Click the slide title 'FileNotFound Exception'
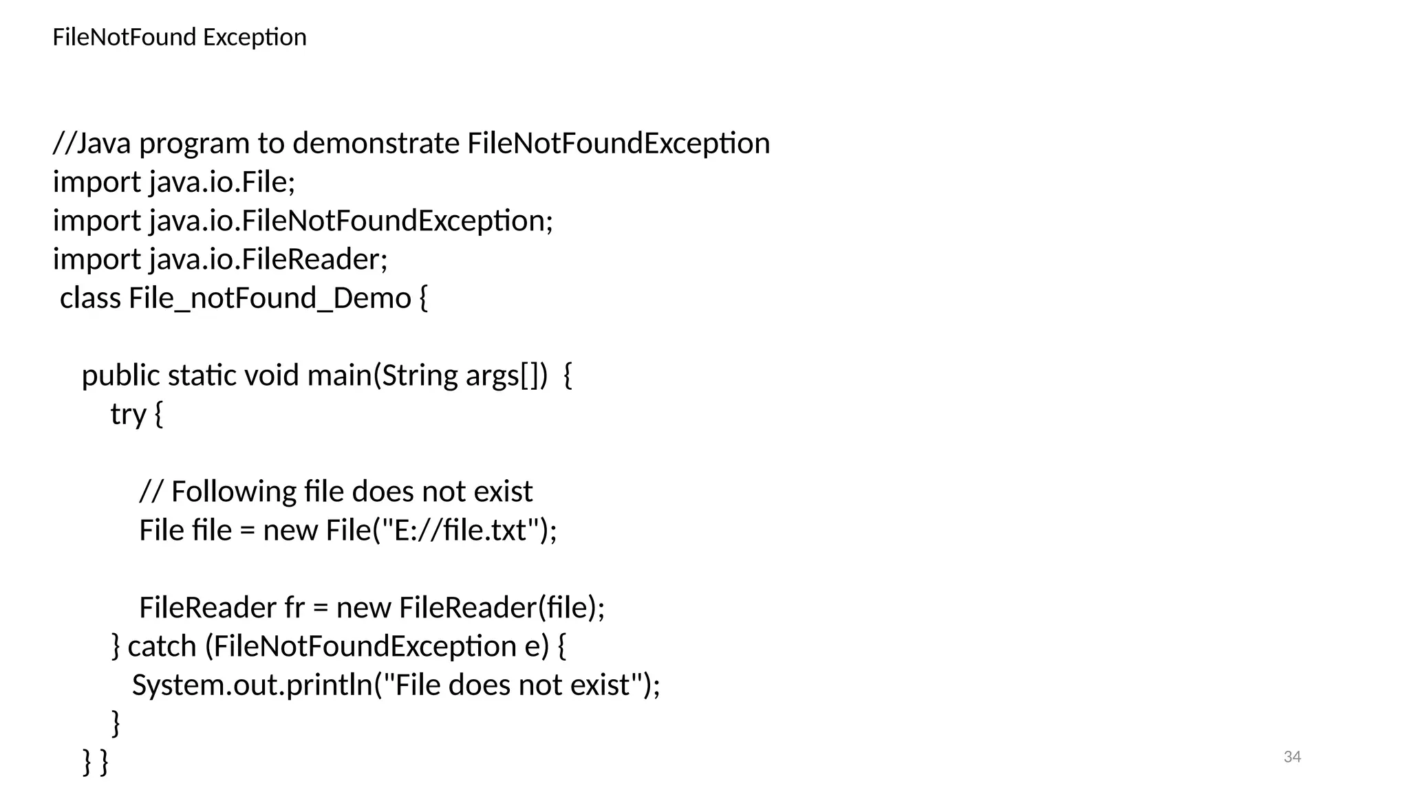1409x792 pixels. coord(179,37)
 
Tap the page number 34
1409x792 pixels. coord(1292,757)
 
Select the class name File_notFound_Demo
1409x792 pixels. coord(270,298)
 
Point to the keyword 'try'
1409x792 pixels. coord(129,415)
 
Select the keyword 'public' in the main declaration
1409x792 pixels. coord(120,376)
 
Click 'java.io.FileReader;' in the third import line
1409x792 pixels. coord(268,260)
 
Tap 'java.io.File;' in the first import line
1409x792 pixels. coord(222,182)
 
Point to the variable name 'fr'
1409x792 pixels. coord(294,608)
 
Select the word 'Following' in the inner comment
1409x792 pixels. coord(233,492)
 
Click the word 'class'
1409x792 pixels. coord(91,298)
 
